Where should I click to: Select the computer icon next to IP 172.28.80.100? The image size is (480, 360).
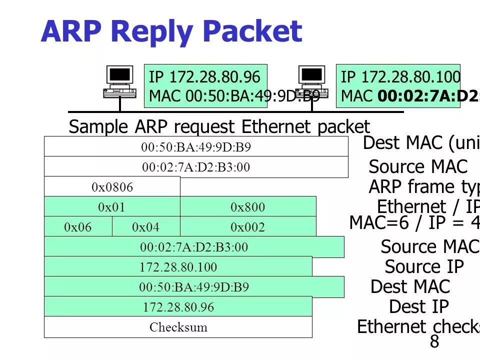pyautogui.click(x=312, y=82)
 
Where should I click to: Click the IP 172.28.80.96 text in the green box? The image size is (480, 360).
pyautogui.click(x=204, y=77)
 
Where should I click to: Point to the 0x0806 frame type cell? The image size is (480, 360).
pyautogui.click(x=112, y=187)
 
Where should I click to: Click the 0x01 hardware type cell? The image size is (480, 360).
pyautogui.click(x=112, y=207)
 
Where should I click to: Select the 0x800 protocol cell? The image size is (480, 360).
pyautogui.click(x=247, y=207)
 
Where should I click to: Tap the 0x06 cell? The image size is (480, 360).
pyautogui.click(x=78, y=227)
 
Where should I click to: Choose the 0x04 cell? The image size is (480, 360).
pyautogui.click(x=145, y=227)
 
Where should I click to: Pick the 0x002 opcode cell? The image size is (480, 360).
pyautogui.click(x=247, y=227)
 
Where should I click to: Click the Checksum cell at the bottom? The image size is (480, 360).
pyautogui.click(x=178, y=327)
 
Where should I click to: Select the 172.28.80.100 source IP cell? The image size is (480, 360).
pyautogui.click(x=178, y=267)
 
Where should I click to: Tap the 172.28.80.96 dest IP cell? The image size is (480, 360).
pyautogui.click(x=178, y=307)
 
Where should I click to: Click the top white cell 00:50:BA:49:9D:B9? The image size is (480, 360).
pyautogui.click(x=196, y=147)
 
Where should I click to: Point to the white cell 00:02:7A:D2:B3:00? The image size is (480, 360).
pyautogui.click(x=196, y=167)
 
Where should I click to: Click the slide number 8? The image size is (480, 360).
pyautogui.click(x=434, y=342)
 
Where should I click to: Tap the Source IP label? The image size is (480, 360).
pyautogui.click(x=424, y=267)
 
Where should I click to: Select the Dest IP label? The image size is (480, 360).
pyautogui.click(x=419, y=306)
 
